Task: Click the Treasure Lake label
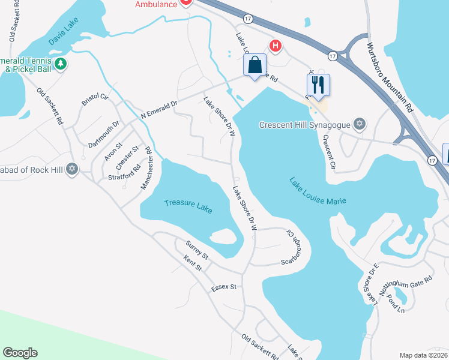click(x=188, y=204)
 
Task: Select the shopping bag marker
click(x=255, y=64)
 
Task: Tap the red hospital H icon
click(x=276, y=45)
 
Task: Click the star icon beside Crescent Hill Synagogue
click(x=360, y=125)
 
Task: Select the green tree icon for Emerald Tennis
click(x=60, y=63)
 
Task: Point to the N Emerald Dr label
click(x=158, y=108)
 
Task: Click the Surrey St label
click(x=197, y=250)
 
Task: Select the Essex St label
click(x=224, y=287)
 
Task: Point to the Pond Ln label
click(x=396, y=305)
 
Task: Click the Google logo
click(x=20, y=353)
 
